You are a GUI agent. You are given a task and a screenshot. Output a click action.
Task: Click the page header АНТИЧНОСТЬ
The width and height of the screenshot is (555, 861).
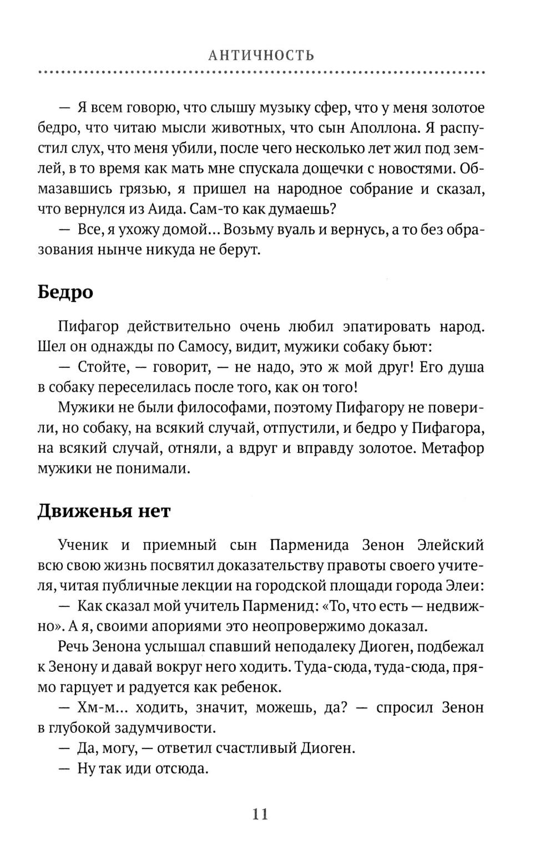coord(260,56)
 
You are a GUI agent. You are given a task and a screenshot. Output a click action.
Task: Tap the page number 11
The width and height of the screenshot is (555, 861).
coord(260,814)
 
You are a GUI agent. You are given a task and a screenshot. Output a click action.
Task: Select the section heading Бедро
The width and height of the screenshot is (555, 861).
coord(65,292)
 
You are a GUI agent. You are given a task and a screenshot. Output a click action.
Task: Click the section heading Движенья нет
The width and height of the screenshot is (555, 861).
coord(104,510)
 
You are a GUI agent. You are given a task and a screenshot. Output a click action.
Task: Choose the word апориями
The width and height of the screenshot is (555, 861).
coord(160,626)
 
